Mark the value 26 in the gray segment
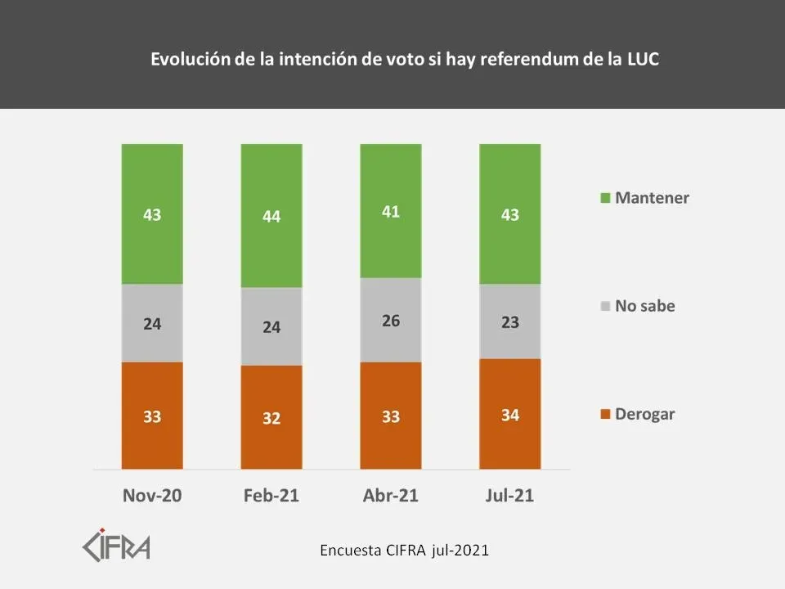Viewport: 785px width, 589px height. [391, 321]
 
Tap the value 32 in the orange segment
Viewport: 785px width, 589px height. [271, 418]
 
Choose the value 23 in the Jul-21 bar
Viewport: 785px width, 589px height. [510, 321]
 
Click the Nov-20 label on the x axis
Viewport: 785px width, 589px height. [152, 496]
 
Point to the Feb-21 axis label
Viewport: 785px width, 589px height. [271, 496]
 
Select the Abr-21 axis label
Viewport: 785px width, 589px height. [391, 496]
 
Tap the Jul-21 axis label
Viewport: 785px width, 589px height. [510, 496]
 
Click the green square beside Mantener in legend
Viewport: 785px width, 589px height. [605, 198]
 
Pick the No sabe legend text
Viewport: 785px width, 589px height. [645, 306]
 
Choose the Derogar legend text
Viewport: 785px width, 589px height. [645, 414]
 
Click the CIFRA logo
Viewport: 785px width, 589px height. [116, 545]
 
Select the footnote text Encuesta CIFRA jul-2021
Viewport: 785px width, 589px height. [404, 550]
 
